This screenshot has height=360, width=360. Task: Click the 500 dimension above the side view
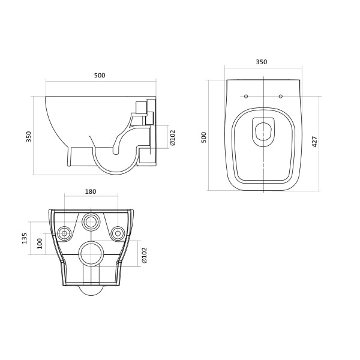(100, 76)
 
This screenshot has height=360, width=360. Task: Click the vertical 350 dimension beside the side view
(29, 137)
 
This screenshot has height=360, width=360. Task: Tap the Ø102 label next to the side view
(173, 138)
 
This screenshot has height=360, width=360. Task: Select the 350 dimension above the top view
(262, 62)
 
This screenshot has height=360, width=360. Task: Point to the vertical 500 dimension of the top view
(204, 137)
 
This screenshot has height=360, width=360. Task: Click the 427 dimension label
(314, 142)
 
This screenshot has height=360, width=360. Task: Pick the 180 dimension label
(91, 191)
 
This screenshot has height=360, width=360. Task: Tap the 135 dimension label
(25, 238)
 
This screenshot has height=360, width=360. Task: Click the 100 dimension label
(40, 244)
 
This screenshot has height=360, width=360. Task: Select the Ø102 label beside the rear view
(144, 256)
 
